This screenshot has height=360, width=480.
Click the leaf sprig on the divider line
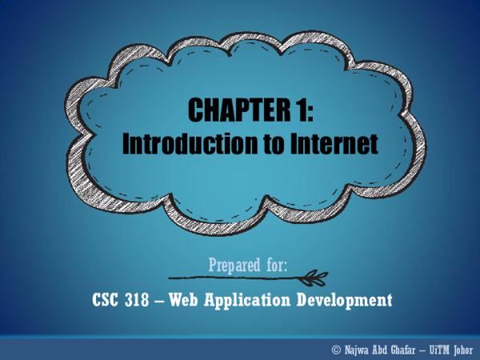coord(313,278)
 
